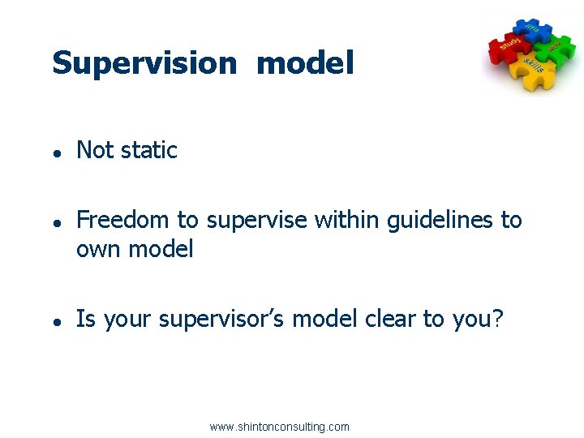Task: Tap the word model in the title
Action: (x=305, y=63)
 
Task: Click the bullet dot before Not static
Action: (x=58, y=152)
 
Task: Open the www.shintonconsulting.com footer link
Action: (x=279, y=427)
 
